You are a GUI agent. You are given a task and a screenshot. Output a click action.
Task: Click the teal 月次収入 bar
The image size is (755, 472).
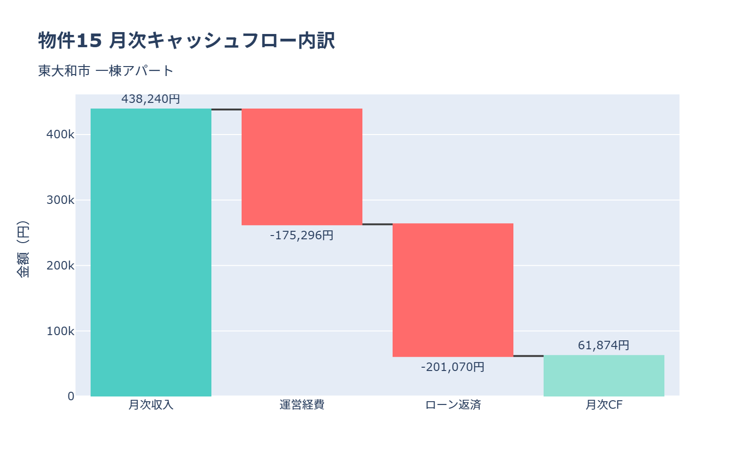tap(151, 253)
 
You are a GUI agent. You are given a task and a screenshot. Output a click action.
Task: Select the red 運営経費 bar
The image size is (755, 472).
tap(302, 167)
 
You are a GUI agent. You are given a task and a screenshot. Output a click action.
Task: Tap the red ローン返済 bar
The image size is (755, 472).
tap(453, 290)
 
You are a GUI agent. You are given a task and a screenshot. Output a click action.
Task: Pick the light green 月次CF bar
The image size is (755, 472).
tap(604, 376)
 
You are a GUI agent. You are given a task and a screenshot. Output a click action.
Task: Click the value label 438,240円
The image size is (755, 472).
tap(151, 99)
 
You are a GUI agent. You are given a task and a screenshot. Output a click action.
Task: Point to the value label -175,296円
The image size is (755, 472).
tap(302, 235)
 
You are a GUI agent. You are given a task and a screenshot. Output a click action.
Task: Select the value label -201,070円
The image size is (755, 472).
tap(453, 367)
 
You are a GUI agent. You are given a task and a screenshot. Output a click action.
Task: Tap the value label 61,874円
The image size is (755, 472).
tap(604, 346)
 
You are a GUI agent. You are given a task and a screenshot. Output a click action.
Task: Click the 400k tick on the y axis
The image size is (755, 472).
tap(60, 135)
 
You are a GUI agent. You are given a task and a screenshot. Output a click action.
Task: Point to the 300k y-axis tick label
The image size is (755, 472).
tap(60, 200)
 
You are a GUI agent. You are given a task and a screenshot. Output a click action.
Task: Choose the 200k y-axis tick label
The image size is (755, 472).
tap(60, 266)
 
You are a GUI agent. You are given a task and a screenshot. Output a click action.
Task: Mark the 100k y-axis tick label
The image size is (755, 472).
tap(60, 331)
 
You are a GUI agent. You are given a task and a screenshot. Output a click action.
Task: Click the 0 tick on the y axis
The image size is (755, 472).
tap(71, 396)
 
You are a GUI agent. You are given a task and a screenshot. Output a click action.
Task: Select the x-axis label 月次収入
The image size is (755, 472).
tap(151, 405)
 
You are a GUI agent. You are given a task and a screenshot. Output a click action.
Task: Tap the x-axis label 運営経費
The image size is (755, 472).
tap(302, 405)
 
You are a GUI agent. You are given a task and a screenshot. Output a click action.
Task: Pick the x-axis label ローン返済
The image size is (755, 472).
tap(453, 405)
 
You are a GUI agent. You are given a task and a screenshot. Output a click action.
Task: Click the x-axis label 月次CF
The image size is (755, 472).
tap(604, 405)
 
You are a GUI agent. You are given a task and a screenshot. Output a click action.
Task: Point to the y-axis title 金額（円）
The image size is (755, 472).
tap(23, 249)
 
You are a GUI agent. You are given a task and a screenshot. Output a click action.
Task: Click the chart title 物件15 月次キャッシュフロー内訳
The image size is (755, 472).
tap(186, 41)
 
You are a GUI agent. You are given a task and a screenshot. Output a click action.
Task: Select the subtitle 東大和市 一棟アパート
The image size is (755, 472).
tap(106, 71)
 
